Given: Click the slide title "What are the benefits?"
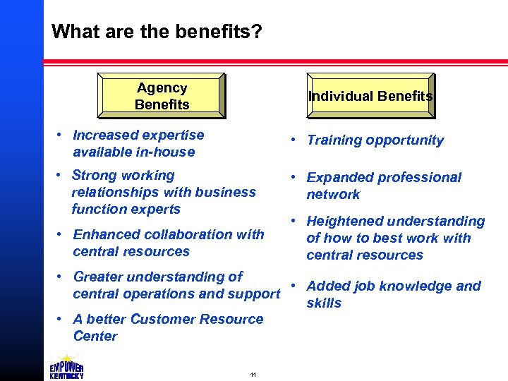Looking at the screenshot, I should tap(157, 32).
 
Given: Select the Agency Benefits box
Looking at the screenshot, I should tap(162, 96).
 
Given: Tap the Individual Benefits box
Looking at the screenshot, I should tap(370, 96).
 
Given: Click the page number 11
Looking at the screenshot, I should tap(253, 374).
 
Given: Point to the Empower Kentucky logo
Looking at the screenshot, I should tap(67, 366).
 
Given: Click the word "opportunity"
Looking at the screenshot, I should tap(406, 140).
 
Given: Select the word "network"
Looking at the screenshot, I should tap(333, 194).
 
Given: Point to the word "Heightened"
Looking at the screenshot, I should tap(343, 222).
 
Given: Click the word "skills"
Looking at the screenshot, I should tap(324, 303).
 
